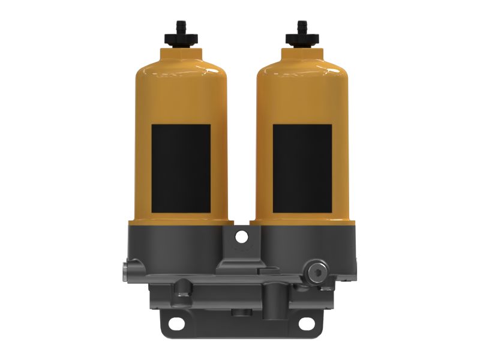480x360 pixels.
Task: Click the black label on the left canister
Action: pos(181,168)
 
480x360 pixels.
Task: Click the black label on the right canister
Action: pos(302,168)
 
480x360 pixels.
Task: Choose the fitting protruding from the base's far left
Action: pos(127,270)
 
